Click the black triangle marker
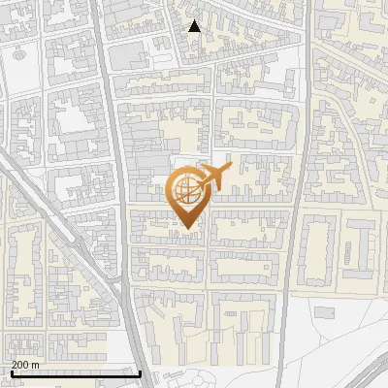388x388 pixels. (194, 26)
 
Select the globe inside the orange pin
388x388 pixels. (185, 190)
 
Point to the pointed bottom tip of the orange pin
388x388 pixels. (187, 229)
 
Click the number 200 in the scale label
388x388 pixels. (21, 365)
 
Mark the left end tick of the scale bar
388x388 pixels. (12, 372)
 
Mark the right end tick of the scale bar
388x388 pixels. (142, 372)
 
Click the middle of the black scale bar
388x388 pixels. (77, 373)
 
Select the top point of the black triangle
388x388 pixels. (194, 20)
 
